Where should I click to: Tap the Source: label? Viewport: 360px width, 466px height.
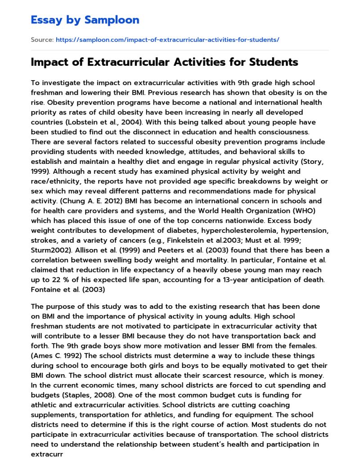(x=42, y=40)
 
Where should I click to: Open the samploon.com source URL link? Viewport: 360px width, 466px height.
(x=167, y=40)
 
